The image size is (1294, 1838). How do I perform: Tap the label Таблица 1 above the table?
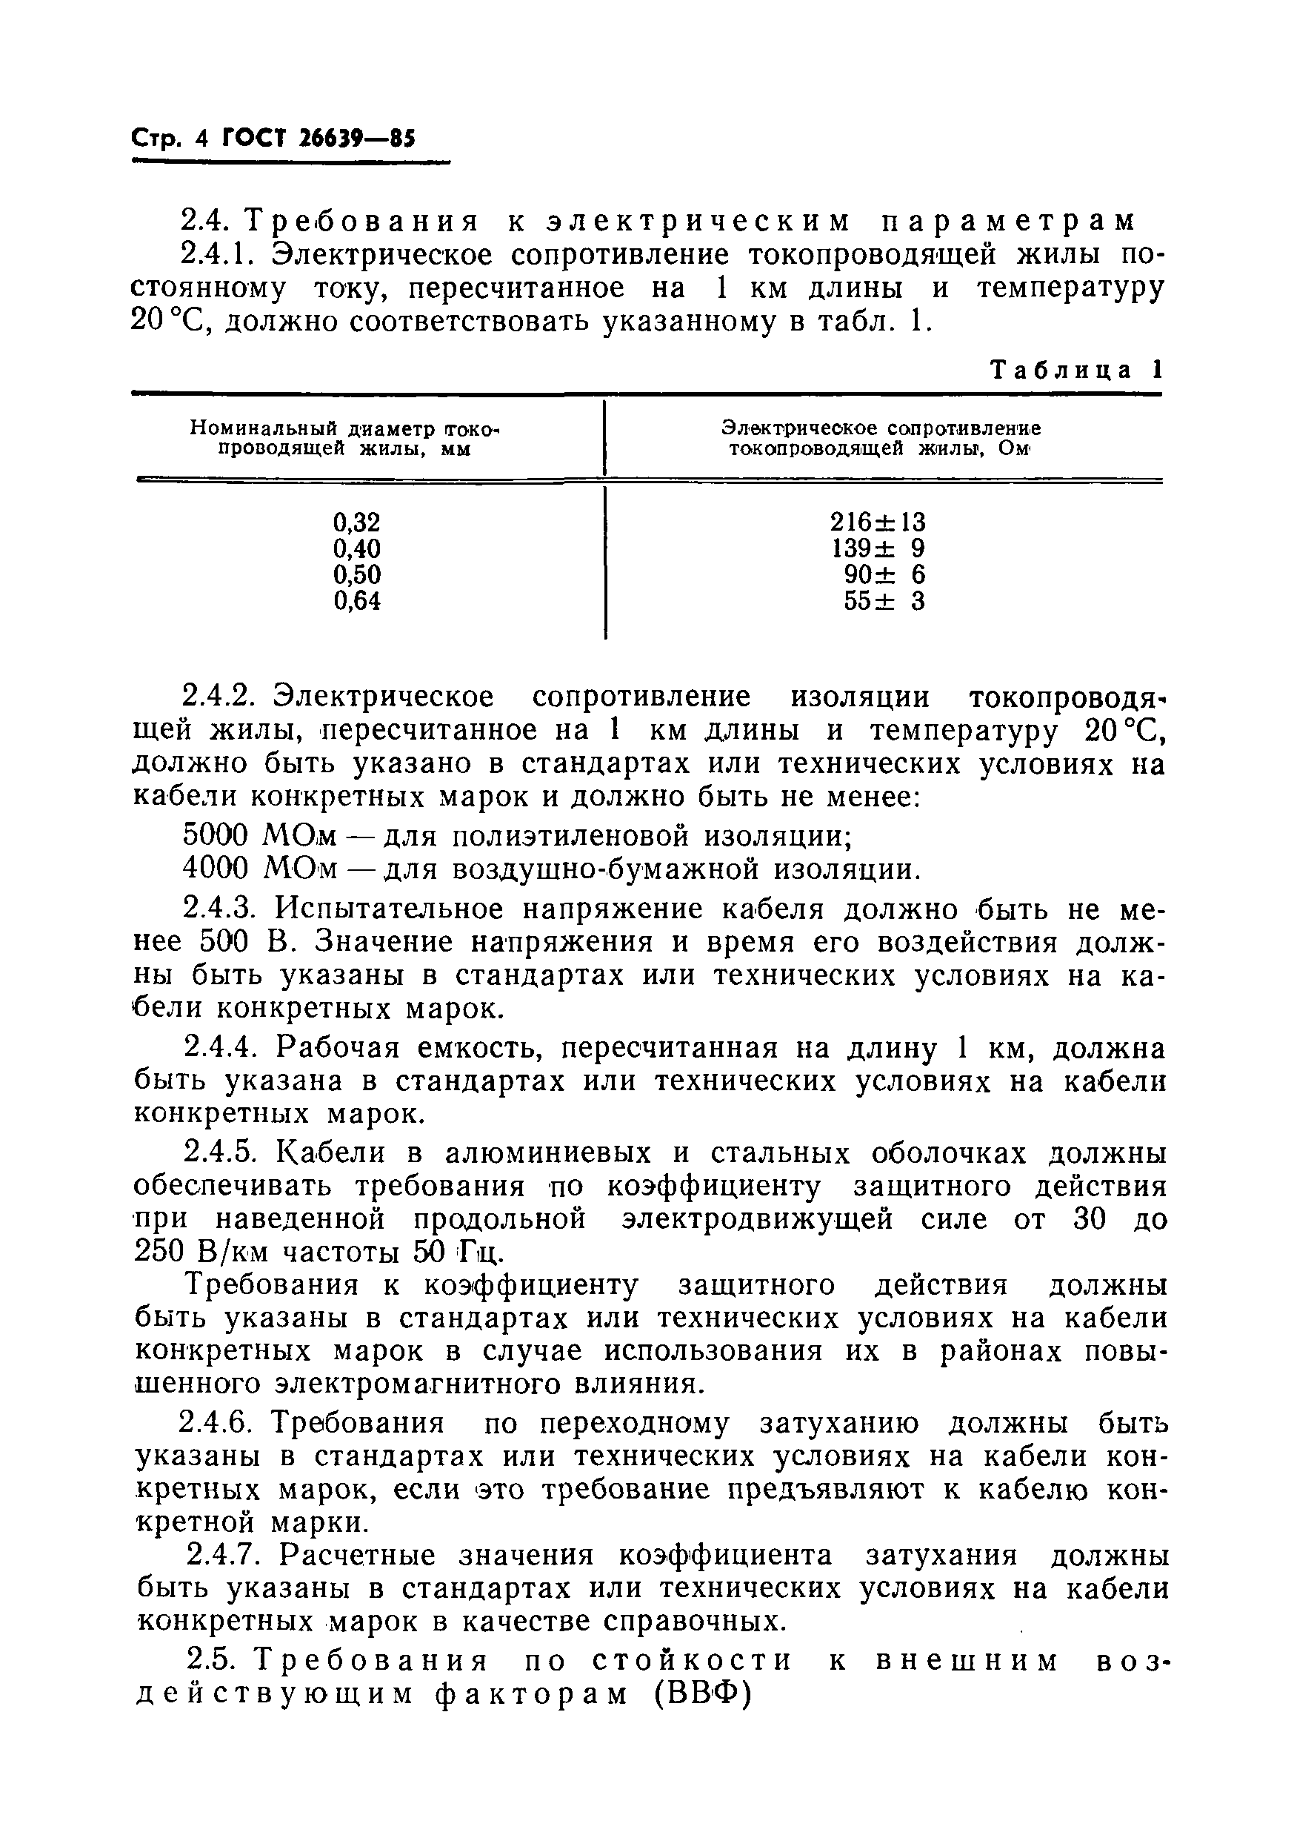1075,370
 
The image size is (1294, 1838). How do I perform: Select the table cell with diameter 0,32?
357,522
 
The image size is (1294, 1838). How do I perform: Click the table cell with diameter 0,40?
357,548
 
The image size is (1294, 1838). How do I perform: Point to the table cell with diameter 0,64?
357,600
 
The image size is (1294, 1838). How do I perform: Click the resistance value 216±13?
878,522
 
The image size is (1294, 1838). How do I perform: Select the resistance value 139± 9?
878,548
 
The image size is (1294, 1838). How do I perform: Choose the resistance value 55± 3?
884,600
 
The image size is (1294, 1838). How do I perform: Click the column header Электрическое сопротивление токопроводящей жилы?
880,439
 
